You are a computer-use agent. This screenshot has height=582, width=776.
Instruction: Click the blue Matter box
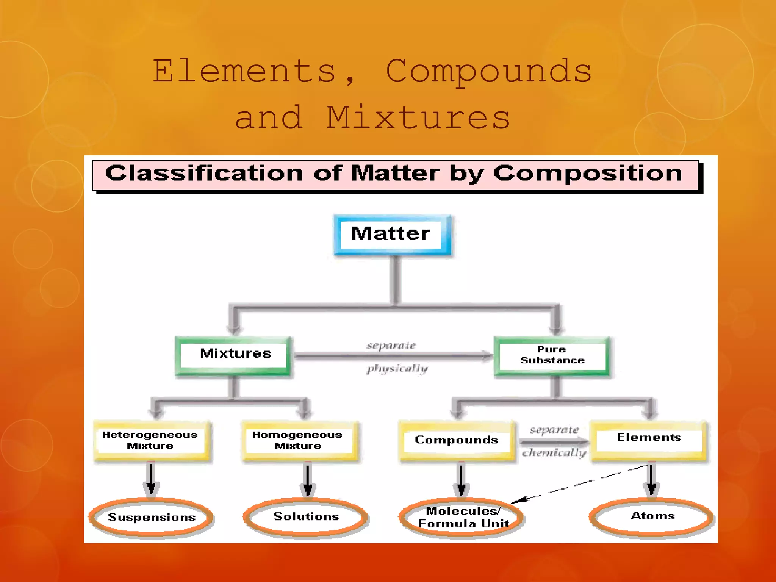[x=392, y=235]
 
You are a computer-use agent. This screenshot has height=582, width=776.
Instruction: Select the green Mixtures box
[x=234, y=355]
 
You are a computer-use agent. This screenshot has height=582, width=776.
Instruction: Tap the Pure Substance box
[x=552, y=355]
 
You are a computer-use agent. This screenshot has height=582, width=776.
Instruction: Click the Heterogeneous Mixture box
[x=151, y=440]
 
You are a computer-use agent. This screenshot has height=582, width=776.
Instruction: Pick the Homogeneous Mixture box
[x=299, y=440]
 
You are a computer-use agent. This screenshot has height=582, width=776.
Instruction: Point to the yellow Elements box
[x=649, y=440]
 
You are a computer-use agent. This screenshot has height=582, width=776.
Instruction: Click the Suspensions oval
[x=151, y=518]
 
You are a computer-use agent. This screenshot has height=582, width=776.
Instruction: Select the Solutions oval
[x=306, y=517]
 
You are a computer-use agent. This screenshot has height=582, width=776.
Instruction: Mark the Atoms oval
[x=652, y=516]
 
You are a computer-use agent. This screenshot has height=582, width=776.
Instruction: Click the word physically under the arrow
[x=397, y=369]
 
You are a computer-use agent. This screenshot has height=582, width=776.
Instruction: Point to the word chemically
[x=554, y=453]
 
